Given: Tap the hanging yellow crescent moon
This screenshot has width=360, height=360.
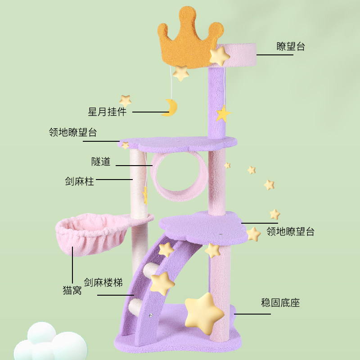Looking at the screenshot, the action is click(x=171, y=108).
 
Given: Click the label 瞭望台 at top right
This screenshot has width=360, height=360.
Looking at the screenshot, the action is click(x=290, y=46).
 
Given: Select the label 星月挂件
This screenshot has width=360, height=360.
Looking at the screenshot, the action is click(x=107, y=112).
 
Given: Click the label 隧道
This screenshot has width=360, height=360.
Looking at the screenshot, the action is click(x=100, y=162).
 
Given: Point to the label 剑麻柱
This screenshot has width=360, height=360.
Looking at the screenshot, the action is click(x=79, y=181).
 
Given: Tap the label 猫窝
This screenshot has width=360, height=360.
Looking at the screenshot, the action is click(x=72, y=290).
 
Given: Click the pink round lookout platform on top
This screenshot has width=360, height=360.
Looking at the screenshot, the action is click(x=238, y=54).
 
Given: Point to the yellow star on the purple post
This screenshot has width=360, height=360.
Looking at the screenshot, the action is click(x=222, y=114).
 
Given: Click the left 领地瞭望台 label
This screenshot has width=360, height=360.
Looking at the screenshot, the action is click(x=73, y=133).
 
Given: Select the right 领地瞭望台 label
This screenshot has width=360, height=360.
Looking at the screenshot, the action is click(x=290, y=232).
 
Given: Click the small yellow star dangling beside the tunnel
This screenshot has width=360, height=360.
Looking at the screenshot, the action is click(x=145, y=195).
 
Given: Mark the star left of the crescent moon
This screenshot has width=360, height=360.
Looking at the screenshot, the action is click(x=125, y=100).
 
